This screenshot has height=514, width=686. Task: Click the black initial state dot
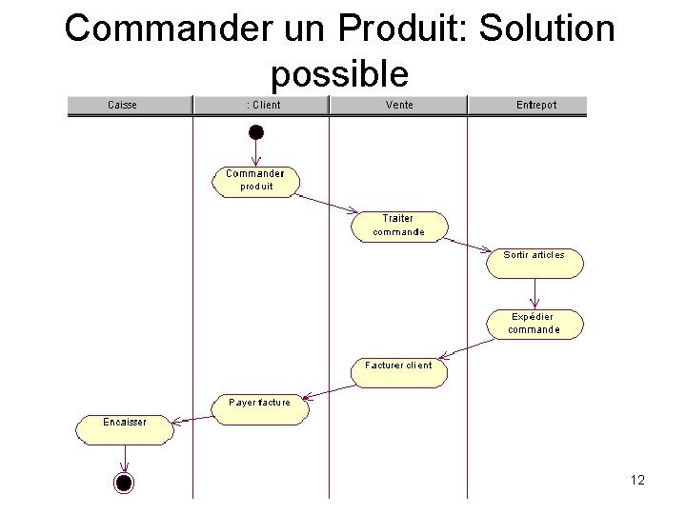click(256, 132)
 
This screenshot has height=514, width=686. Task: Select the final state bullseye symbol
click(124, 483)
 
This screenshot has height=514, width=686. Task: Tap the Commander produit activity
click(256, 182)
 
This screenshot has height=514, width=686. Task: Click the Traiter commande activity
click(399, 227)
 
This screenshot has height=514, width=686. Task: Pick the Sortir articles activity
click(535, 263)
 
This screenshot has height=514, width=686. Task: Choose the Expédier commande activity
click(535, 325)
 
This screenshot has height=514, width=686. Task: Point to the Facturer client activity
click(399, 373)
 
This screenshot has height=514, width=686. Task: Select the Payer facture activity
click(260, 409)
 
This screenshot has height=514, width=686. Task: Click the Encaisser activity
click(125, 430)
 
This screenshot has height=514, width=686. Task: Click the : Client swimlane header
click(261, 105)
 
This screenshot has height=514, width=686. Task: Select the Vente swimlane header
click(398, 105)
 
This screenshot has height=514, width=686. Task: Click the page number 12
click(637, 480)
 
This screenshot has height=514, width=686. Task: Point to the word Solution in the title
click(547, 28)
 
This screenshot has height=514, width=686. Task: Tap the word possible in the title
click(340, 74)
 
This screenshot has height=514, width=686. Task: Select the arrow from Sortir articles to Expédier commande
click(535, 294)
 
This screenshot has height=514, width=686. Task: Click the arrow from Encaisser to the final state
click(125, 459)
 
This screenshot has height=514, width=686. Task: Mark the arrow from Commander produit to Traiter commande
click(327, 204)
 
